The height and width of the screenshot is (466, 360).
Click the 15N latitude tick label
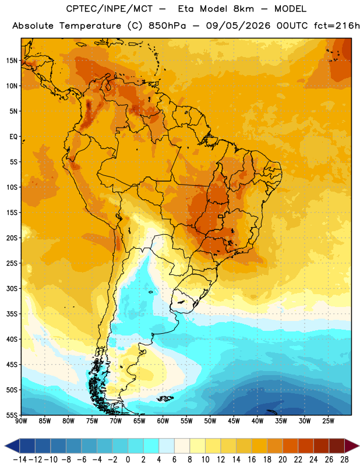11,61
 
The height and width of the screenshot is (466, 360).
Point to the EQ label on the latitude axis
13,137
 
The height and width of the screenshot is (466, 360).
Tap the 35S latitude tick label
11,314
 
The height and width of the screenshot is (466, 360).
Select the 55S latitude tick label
11,415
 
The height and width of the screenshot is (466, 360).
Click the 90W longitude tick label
22,421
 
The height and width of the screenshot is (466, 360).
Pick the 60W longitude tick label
163,421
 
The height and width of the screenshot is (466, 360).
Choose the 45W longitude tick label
234,421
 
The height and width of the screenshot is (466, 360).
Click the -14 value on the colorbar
20,460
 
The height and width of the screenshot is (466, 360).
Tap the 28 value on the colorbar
344,460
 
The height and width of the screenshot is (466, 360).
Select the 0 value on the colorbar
128,460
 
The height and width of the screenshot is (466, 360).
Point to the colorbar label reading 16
252,460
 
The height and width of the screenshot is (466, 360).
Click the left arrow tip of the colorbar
5,446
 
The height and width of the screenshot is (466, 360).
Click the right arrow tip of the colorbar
359,446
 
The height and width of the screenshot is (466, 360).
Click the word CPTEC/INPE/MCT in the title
109,9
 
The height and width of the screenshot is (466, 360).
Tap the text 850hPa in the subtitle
167,26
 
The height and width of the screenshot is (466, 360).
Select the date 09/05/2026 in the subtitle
238,26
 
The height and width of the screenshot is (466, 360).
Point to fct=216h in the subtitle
337,26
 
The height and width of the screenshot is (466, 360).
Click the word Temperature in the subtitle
90,26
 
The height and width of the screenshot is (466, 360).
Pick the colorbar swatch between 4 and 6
167,446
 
